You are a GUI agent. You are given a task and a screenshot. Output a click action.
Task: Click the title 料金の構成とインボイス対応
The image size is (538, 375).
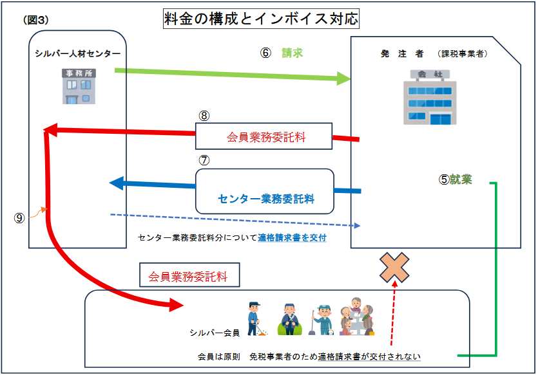point(261,19)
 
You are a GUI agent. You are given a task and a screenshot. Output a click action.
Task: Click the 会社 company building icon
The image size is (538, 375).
point(430,97)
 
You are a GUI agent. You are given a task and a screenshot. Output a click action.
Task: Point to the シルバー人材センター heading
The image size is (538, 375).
point(77,53)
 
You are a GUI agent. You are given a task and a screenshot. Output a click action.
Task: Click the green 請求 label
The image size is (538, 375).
point(292,53)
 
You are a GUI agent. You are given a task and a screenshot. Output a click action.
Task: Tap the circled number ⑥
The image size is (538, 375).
point(265,53)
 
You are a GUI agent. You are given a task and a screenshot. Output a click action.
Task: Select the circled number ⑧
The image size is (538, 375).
point(204,116)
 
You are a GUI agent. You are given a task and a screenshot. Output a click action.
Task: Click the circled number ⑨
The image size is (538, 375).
point(19,217)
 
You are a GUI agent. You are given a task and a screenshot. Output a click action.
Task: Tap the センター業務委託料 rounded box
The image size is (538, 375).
point(265,191)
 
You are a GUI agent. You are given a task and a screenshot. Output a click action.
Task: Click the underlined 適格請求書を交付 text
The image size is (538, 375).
point(292,238)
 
